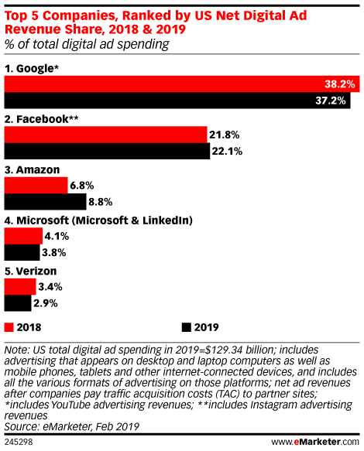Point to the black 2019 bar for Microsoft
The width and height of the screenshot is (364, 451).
tap(22, 252)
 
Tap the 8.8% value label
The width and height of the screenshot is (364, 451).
tap(101, 202)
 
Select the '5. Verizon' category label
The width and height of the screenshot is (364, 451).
tap(31, 271)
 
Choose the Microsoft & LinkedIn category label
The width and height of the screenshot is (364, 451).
tap(99, 220)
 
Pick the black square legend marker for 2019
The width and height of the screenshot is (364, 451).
tap(186, 326)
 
